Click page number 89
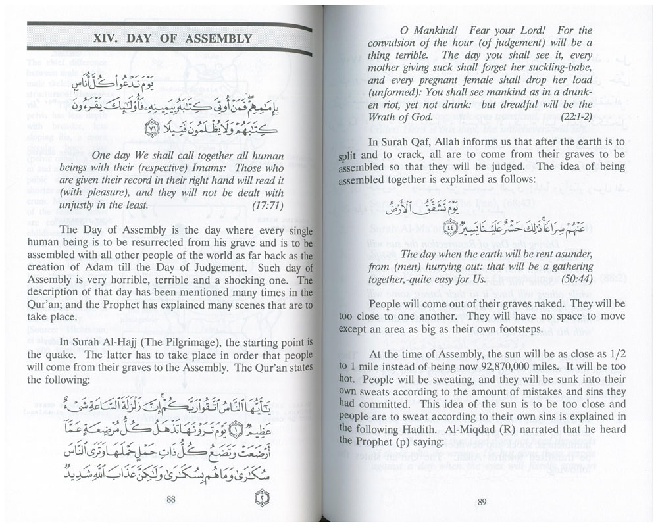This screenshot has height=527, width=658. point(481,504)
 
